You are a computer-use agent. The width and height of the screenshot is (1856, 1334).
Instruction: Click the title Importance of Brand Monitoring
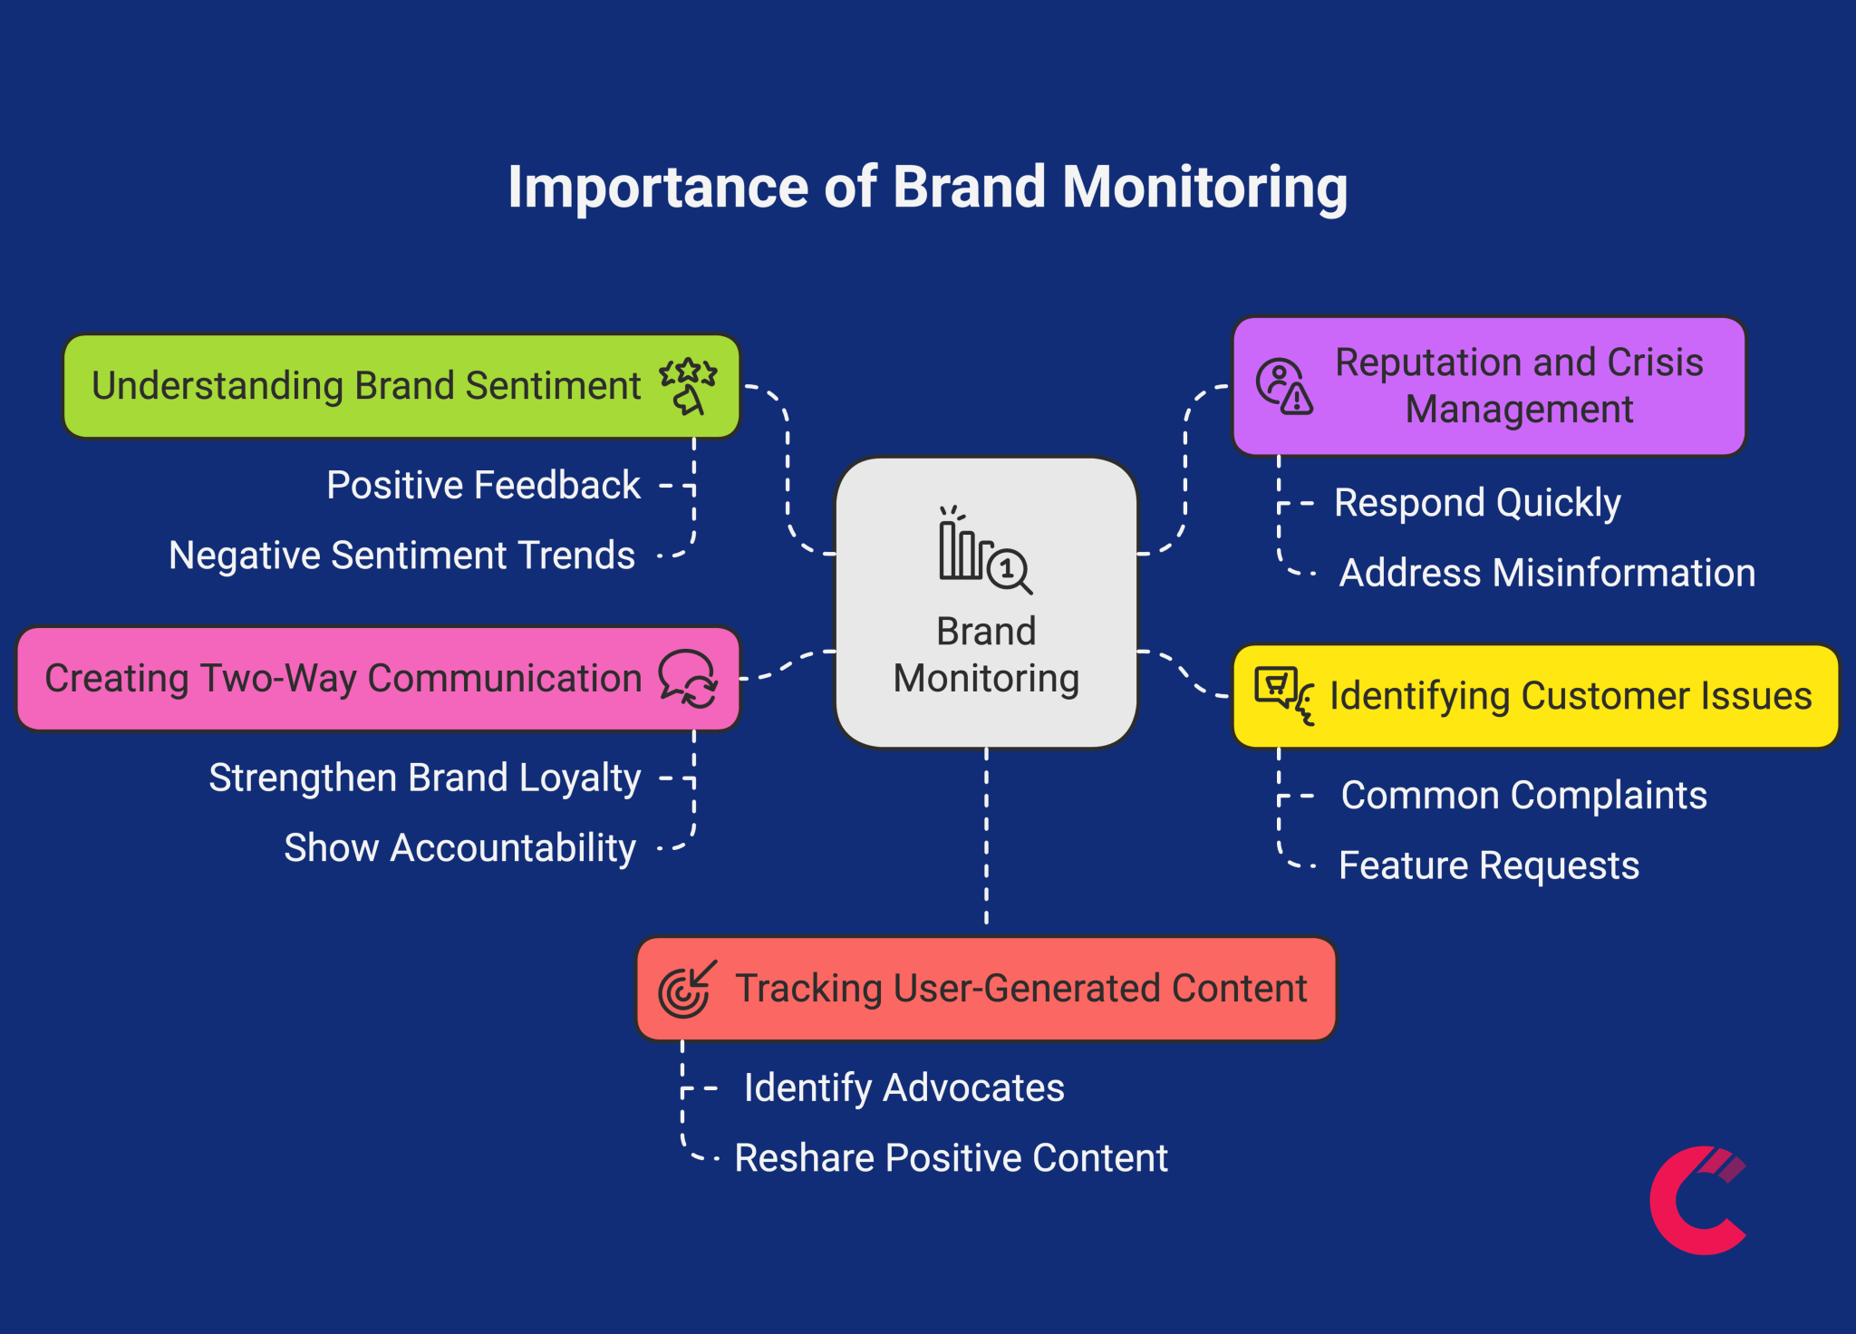tap(927, 188)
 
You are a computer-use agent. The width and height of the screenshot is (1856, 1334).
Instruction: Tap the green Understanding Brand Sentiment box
tap(362, 387)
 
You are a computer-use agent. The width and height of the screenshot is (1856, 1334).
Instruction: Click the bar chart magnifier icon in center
tap(985, 552)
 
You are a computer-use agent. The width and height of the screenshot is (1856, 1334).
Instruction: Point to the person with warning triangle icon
tap(1284, 386)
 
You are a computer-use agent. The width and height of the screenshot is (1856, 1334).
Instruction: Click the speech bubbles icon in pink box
tap(688, 679)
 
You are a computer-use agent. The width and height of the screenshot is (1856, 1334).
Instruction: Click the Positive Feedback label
tap(483, 486)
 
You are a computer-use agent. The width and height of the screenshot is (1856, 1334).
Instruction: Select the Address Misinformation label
tap(1547, 574)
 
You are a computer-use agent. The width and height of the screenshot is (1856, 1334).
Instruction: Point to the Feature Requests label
tap(1488, 865)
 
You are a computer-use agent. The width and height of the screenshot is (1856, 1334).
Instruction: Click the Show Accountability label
tap(459, 848)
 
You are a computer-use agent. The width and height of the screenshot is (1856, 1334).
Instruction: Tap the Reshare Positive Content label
tap(951, 1158)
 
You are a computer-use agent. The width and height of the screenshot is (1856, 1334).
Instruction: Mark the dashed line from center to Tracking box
tap(986, 838)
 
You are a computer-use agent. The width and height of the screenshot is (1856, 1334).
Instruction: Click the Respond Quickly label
tap(1477, 503)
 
